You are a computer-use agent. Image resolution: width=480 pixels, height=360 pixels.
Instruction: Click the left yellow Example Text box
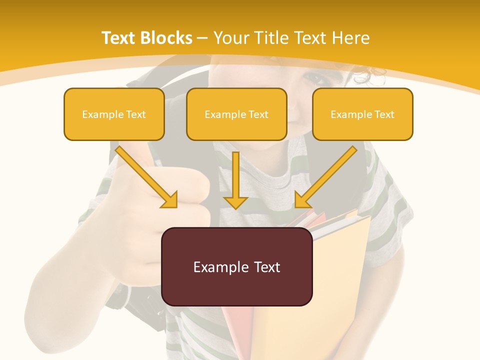[114, 114]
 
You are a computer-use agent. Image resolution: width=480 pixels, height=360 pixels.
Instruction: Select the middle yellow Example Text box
[236, 114]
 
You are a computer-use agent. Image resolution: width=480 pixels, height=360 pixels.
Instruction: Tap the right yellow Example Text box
[362, 114]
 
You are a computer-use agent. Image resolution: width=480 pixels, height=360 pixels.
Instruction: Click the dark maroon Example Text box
[236, 266]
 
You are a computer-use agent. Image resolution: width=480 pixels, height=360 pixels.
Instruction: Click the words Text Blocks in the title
[147, 38]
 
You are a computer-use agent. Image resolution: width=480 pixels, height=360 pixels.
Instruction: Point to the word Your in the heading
[232, 38]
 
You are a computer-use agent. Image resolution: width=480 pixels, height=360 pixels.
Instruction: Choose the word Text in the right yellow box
[384, 114]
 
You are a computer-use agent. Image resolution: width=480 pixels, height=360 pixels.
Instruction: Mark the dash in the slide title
[202, 38]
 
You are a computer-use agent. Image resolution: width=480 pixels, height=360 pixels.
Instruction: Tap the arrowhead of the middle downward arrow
[235, 202]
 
